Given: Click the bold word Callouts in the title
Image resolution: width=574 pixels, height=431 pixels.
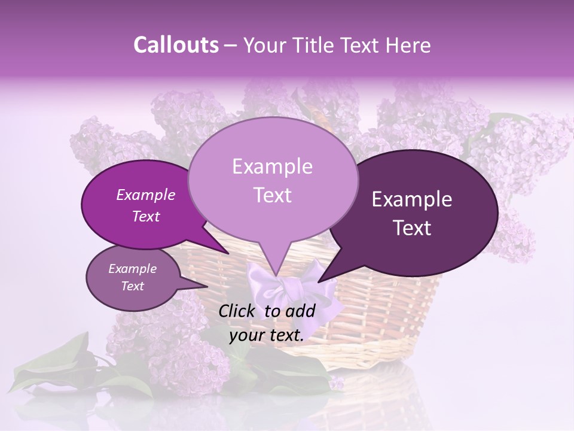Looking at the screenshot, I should [176, 45].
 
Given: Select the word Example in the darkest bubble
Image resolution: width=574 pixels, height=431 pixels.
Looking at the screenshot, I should [412, 199].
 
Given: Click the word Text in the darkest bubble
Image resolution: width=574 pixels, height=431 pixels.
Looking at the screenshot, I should [413, 228].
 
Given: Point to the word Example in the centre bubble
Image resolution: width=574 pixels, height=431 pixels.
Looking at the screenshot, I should [272, 166].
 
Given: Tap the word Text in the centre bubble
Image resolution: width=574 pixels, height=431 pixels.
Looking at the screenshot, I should [272, 195].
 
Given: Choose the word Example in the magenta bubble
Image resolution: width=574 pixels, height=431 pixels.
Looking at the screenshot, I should [145, 195].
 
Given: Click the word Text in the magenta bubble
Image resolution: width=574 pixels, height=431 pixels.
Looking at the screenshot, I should [145, 216].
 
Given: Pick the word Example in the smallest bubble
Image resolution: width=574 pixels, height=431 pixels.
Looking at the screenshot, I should [132, 269].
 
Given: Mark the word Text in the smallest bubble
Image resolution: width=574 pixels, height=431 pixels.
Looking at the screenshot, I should [132, 286].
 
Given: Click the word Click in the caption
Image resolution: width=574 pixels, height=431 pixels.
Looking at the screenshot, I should [238, 311].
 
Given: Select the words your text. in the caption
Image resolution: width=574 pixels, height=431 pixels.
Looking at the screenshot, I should [267, 336].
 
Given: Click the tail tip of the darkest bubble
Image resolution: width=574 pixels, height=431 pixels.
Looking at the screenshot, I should [319, 281].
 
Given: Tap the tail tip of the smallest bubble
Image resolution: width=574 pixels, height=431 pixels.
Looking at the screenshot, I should [207, 287].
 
